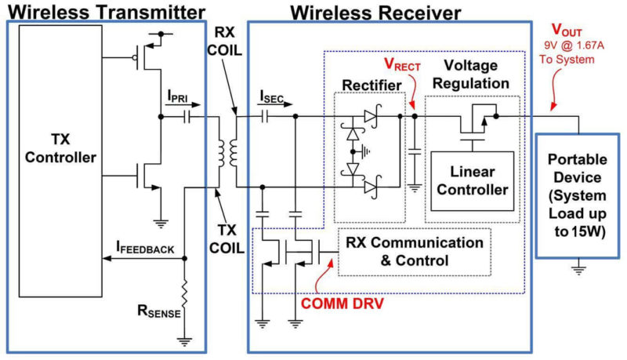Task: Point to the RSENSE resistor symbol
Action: (x=184, y=295)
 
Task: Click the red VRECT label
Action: (x=402, y=64)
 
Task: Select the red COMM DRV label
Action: (x=342, y=304)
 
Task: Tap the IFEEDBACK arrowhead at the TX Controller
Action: (x=107, y=258)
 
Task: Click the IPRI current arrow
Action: (x=183, y=105)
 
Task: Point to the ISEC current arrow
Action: (x=277, y=104)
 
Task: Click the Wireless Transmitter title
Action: (x=107, y=12)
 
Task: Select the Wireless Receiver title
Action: (x=375, y=13)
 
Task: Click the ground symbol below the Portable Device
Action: (x=578, y=268)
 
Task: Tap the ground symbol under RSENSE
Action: (x=184, y=341)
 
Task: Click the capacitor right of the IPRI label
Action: (x=187, y=117)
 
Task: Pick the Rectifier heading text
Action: (x=371, y=85)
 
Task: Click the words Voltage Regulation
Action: (x=471, y=75)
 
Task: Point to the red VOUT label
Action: (x=567, y=30)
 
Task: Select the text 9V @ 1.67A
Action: (x=574, y=45)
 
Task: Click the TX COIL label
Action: (x=227, y=239)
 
